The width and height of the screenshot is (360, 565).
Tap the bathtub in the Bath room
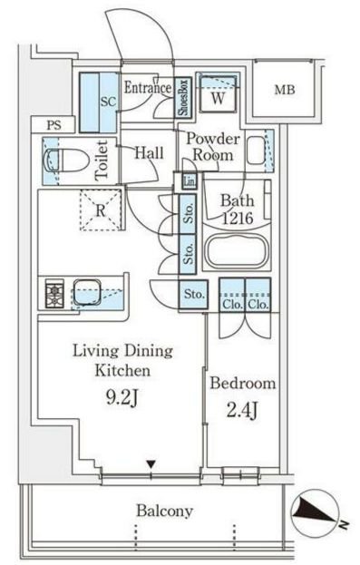coord(237,250)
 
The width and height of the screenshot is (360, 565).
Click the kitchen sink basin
coord(87,292)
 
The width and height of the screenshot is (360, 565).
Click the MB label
coord(285,90)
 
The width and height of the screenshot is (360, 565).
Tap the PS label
coord(54,125)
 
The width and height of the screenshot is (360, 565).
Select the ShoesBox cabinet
coord(183,98)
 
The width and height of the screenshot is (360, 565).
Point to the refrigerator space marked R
coord(101,210)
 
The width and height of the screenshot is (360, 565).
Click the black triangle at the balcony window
coord(151,464)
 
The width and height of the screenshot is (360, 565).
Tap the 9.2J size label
coord(122,397)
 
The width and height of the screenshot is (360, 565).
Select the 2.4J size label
coord(242,411)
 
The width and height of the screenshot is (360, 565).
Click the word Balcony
coord(165,511)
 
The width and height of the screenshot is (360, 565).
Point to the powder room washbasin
coord(257,150)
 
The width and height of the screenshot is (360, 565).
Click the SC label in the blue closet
coord(108,102)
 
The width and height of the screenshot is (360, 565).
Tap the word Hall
coord(149,152)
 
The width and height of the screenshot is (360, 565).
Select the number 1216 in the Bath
coord(238,218)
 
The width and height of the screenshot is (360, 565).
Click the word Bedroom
coord(243,383)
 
